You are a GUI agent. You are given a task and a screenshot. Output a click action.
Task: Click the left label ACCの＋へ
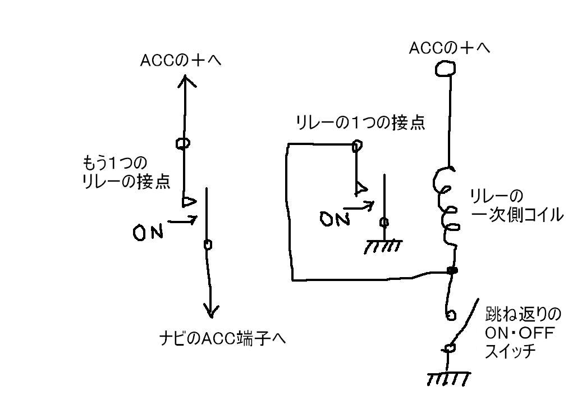(181, 61)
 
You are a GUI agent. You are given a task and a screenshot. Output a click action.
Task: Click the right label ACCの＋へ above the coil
(450, 48)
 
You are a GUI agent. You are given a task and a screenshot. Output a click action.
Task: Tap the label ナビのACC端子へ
(223, 338)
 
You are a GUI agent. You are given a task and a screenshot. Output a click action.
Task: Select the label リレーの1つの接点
(360, 123)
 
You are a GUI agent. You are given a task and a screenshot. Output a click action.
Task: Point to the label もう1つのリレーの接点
(126, 173)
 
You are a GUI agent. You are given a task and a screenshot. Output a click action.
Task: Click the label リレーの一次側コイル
(516, 206)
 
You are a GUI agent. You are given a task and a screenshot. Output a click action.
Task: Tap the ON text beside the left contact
(148, 233)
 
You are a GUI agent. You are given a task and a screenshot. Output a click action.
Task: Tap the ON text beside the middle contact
(335, 219)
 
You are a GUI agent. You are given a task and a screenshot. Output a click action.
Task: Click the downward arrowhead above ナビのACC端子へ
(210, 311)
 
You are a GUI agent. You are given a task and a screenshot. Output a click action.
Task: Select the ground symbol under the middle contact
(383, 246)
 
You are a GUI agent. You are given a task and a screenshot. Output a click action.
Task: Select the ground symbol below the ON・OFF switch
(449, 378)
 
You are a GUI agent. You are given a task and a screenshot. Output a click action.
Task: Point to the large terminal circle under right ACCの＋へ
(445, 69)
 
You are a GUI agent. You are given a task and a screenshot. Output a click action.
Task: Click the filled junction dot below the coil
(452, 271)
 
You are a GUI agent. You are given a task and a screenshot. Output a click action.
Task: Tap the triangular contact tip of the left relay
(190, 202)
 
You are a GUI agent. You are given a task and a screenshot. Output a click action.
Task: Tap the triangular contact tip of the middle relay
(360, 188)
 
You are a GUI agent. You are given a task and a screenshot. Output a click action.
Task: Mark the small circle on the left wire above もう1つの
(183, 143)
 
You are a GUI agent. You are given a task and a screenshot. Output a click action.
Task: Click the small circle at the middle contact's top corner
(356, 146)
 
